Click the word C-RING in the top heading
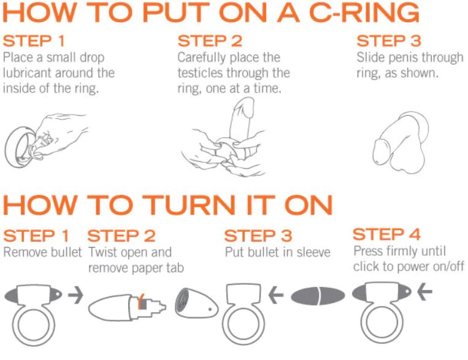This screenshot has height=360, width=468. (x=364, y=12)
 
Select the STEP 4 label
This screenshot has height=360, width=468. (x=386, y=234)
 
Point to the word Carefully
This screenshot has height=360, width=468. (x=199, y=58)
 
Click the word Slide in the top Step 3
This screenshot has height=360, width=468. (x=370, y=57)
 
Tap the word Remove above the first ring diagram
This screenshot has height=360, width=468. (x=21, y=252)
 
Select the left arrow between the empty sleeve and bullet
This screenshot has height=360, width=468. (x=276, y=295)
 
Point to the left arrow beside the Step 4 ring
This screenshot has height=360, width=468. (x=424, y=291)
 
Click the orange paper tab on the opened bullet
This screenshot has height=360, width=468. (x=142, y=302)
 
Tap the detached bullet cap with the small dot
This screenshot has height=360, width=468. (x=196, y=303)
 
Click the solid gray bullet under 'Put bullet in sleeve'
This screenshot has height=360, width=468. (x=318, y=296)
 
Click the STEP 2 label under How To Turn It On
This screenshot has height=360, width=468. (x=121, y=236)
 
